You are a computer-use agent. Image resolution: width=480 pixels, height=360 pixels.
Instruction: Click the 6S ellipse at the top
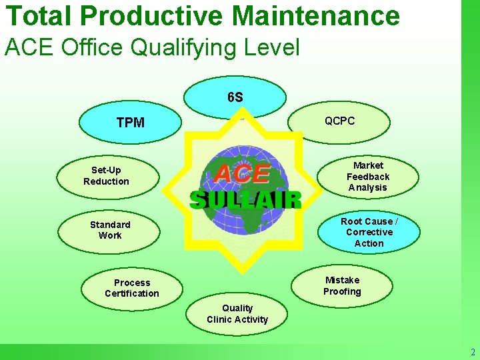(235, 97)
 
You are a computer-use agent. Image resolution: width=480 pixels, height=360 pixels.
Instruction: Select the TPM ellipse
(130, 123)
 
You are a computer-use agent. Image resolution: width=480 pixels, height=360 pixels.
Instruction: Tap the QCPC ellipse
(339, 121)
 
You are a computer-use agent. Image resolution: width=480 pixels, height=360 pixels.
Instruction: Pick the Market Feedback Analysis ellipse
(368, 176)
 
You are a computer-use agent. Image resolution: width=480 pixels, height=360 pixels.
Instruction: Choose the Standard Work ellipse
(109, 230)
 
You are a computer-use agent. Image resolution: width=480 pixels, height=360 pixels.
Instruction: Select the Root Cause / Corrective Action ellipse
(369, 232)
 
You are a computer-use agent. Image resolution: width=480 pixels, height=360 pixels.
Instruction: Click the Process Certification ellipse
(131, 288)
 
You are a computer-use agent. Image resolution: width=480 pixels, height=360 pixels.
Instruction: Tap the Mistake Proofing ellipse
(342, 286)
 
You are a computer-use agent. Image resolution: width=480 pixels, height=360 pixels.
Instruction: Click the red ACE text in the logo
(242, 175)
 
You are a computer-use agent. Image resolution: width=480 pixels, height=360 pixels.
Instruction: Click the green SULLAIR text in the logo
(245, 199)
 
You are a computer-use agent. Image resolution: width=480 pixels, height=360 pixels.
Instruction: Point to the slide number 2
(473, 353)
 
